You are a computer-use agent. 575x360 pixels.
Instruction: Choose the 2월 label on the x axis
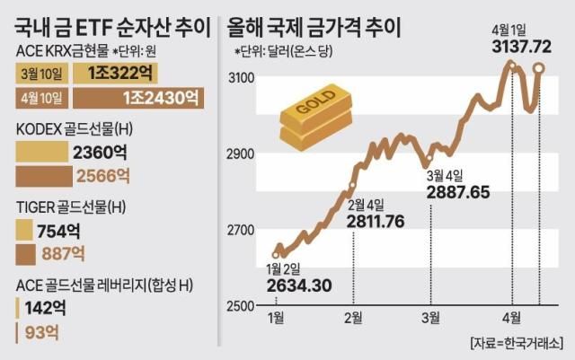pos(353,318)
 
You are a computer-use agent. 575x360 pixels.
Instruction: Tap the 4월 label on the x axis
pos(511,318)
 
